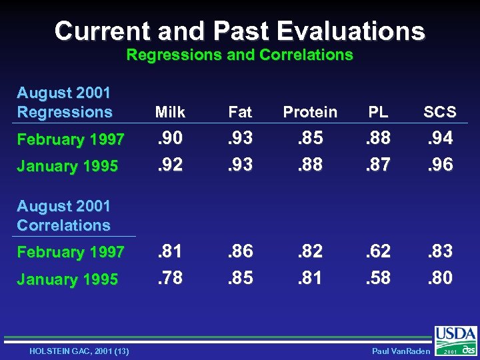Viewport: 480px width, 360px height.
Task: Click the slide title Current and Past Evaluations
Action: (x=239, y=31)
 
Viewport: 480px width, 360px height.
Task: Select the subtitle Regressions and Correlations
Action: (x=239, y=55)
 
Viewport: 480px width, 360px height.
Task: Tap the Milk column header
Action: (x=170, y=112)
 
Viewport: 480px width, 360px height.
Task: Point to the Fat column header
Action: (x=240, y=112)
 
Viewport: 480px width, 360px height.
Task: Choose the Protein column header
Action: (x=310, y=112)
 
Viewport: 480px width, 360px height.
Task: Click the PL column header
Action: (x=378, y=112)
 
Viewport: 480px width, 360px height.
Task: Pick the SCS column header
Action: (x=439, y=112)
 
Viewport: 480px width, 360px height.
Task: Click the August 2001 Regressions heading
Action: (x=64, y=102)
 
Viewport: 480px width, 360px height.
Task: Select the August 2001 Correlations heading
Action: (x=63, y=215)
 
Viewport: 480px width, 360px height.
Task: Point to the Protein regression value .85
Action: (x=310, y=138)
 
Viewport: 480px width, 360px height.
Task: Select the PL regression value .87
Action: (x=377, y=164)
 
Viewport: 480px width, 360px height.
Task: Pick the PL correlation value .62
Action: (x=377, y=251)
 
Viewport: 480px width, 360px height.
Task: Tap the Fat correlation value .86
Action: (x=240, y=251)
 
